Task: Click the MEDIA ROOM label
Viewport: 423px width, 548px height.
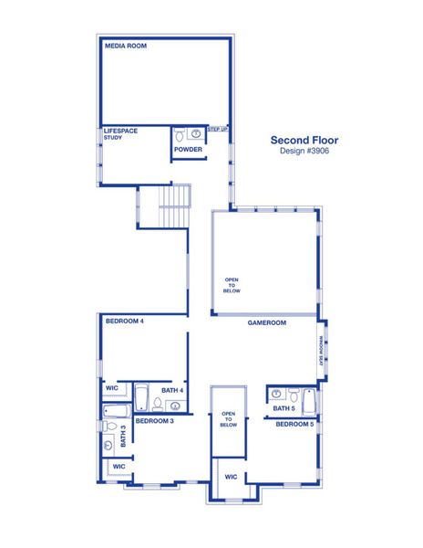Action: (x=126, y=46)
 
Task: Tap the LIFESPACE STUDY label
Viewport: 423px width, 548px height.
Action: (x=120, y=134)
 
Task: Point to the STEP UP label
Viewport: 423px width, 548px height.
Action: (x=218, y=130)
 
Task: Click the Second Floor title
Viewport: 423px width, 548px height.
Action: (x=304, y=141)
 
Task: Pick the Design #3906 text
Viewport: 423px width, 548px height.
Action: (x=304, y=152)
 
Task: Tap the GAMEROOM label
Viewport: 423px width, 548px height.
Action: (x=267, y=323)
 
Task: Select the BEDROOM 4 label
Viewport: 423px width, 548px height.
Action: (x=125, y=321)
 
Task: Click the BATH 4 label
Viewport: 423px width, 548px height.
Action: (x=173, y=391)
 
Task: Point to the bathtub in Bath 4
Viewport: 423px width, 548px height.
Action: (x=144, y=396)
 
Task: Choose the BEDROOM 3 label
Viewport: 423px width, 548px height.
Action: (x=155, y=421)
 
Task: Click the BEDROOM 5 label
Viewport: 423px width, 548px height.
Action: (x=294, y=425)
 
